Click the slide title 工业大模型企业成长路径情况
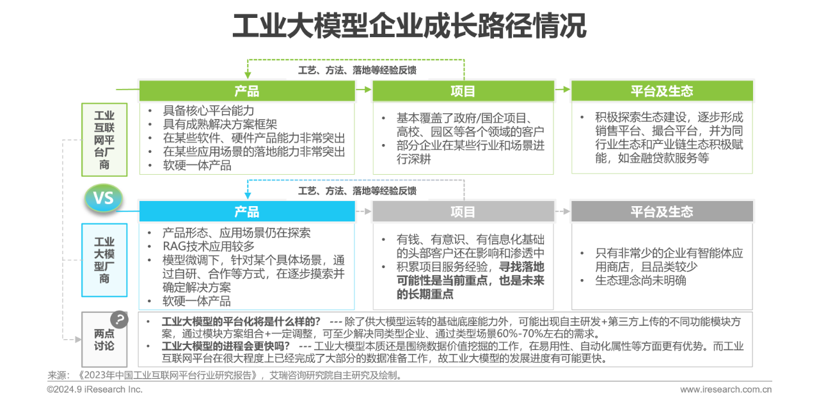tap(409, 27)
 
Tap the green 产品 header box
tap(247, 91)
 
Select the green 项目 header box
tap(463, 91)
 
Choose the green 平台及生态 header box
tap(662, 91)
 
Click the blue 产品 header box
tap(247, 211)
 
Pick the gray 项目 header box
tap(463, 211)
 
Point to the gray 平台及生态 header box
tap(662, 211)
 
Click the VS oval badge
tap(104, 198)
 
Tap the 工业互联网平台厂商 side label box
tap(104, 140)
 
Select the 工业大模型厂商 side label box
tap(104, 260)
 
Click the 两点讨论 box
tap(104, 339)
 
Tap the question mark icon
tap(119, 319)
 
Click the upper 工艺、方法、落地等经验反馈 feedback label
tap(356, 70)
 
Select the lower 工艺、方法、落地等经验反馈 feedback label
tap(356, 190)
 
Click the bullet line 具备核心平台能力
tap(209, 111)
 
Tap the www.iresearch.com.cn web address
tap(725, 389)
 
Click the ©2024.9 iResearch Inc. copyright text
tap(95, 389)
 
